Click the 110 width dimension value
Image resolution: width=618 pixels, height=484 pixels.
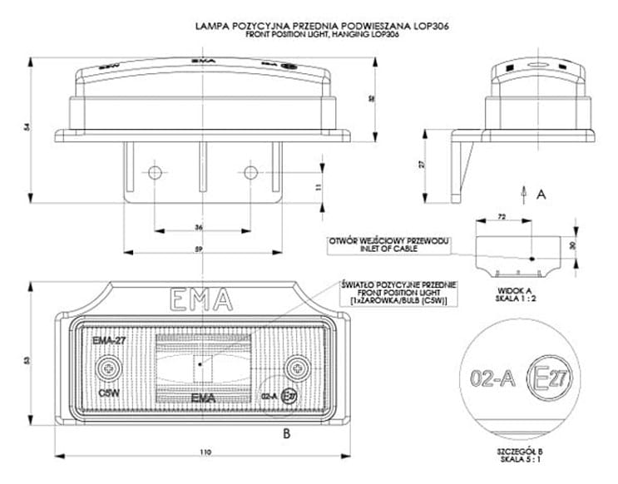205,452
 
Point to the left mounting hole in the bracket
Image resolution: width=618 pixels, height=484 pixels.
154,173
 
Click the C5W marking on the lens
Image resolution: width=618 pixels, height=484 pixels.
106,388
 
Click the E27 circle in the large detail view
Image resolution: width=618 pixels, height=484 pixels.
552,380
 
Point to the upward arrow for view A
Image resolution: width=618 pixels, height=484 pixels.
522,193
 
